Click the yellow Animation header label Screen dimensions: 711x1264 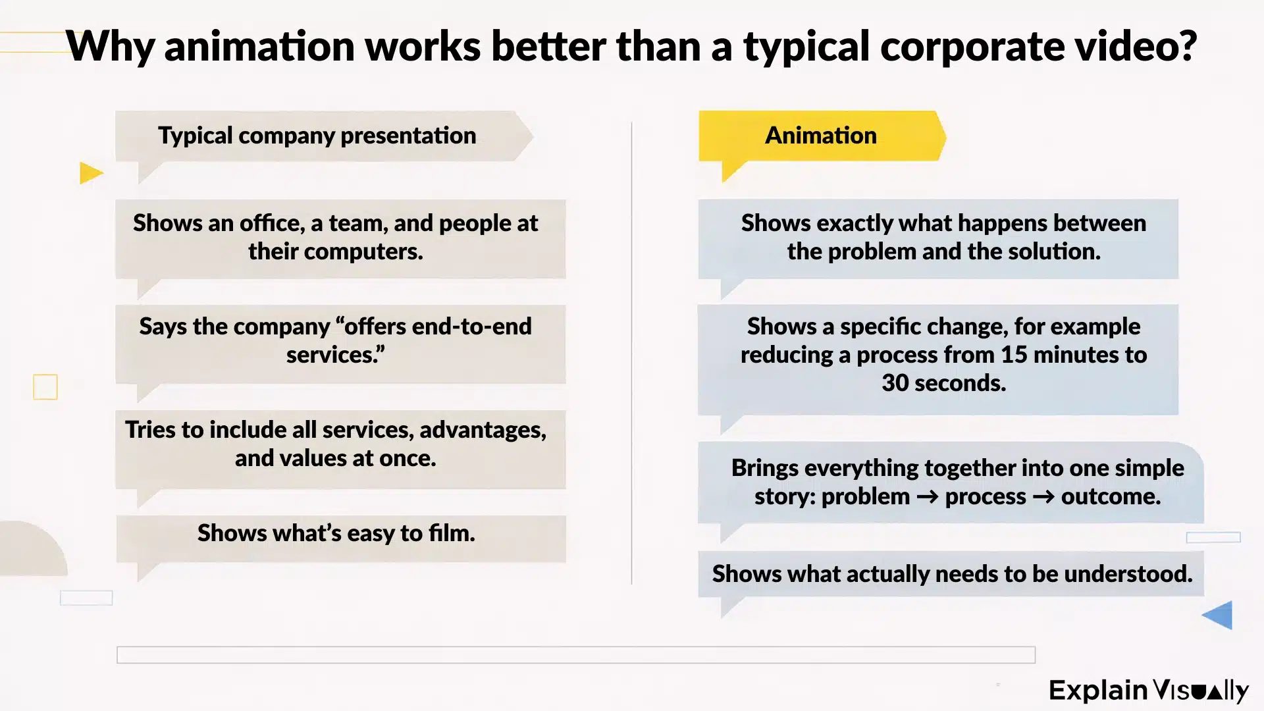click(x=820, y=136)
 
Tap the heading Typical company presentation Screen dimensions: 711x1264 click(x=317, y=136)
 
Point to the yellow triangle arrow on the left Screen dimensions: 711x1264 click(x=91, y=173)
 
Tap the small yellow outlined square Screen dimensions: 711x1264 click(x=45, y=387)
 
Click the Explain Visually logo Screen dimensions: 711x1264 click(x=1148, y=691)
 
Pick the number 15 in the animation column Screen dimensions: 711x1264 click(x=1014, y=355)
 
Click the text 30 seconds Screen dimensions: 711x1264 click(x=943, y=383)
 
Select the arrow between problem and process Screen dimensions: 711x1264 click(x=927, y=496)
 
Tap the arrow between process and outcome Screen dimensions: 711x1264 click(x=1043, y=496)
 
